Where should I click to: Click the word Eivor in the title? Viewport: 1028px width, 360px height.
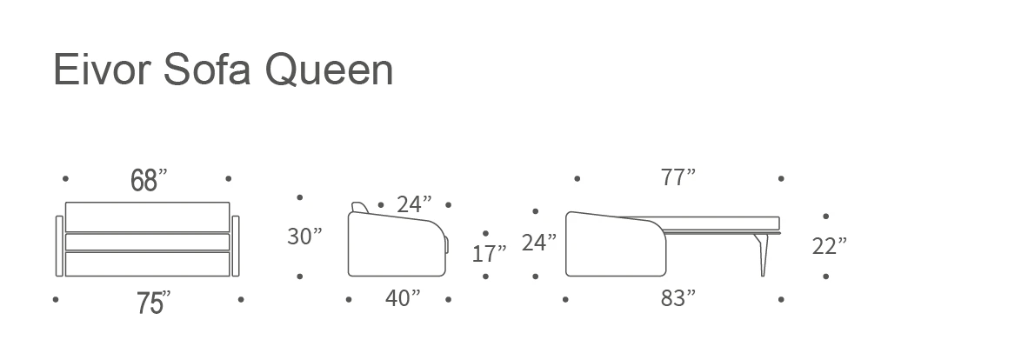coord(102,70)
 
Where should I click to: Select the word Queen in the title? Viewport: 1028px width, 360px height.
coord(329,70)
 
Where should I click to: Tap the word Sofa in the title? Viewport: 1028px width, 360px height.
coord(206,69)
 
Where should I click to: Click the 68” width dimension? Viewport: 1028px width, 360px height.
coord(149,180)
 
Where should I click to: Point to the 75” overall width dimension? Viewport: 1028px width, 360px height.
coord(153,303)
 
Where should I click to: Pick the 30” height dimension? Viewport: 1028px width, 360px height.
coord(304,236)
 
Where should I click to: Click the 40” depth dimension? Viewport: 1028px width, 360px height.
coord(402,298)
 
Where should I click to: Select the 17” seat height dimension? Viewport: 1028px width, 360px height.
coord(489,253)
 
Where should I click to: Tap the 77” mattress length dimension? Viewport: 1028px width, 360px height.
coord(678,177)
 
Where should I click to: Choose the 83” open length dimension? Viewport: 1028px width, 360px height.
coord(678,298)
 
